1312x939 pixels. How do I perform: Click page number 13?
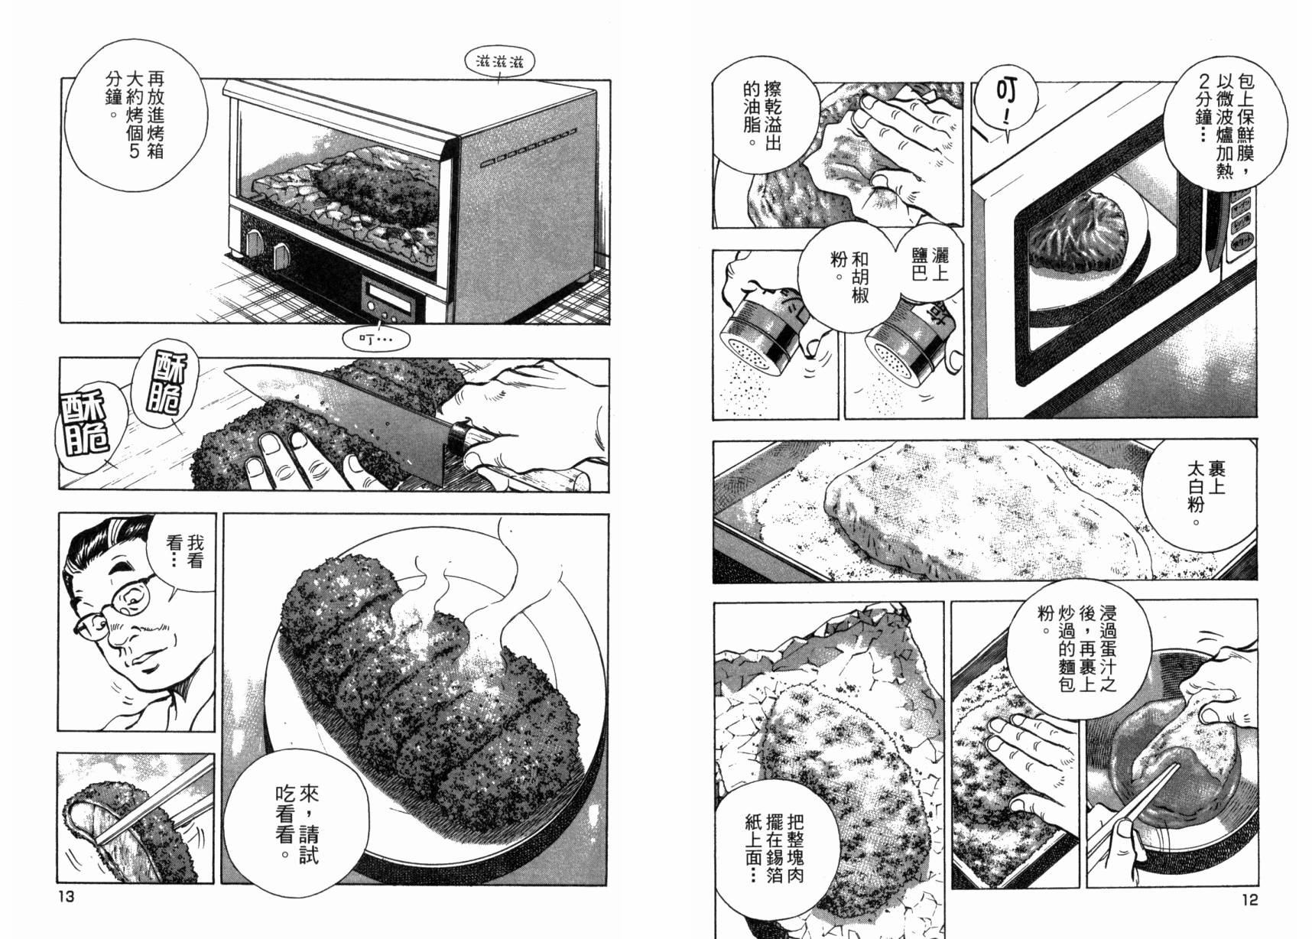[x=66, y=896]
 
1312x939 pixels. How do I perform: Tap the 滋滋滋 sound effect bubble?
[x=499, y=62]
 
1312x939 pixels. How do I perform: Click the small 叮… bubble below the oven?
[x=375, y=337]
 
